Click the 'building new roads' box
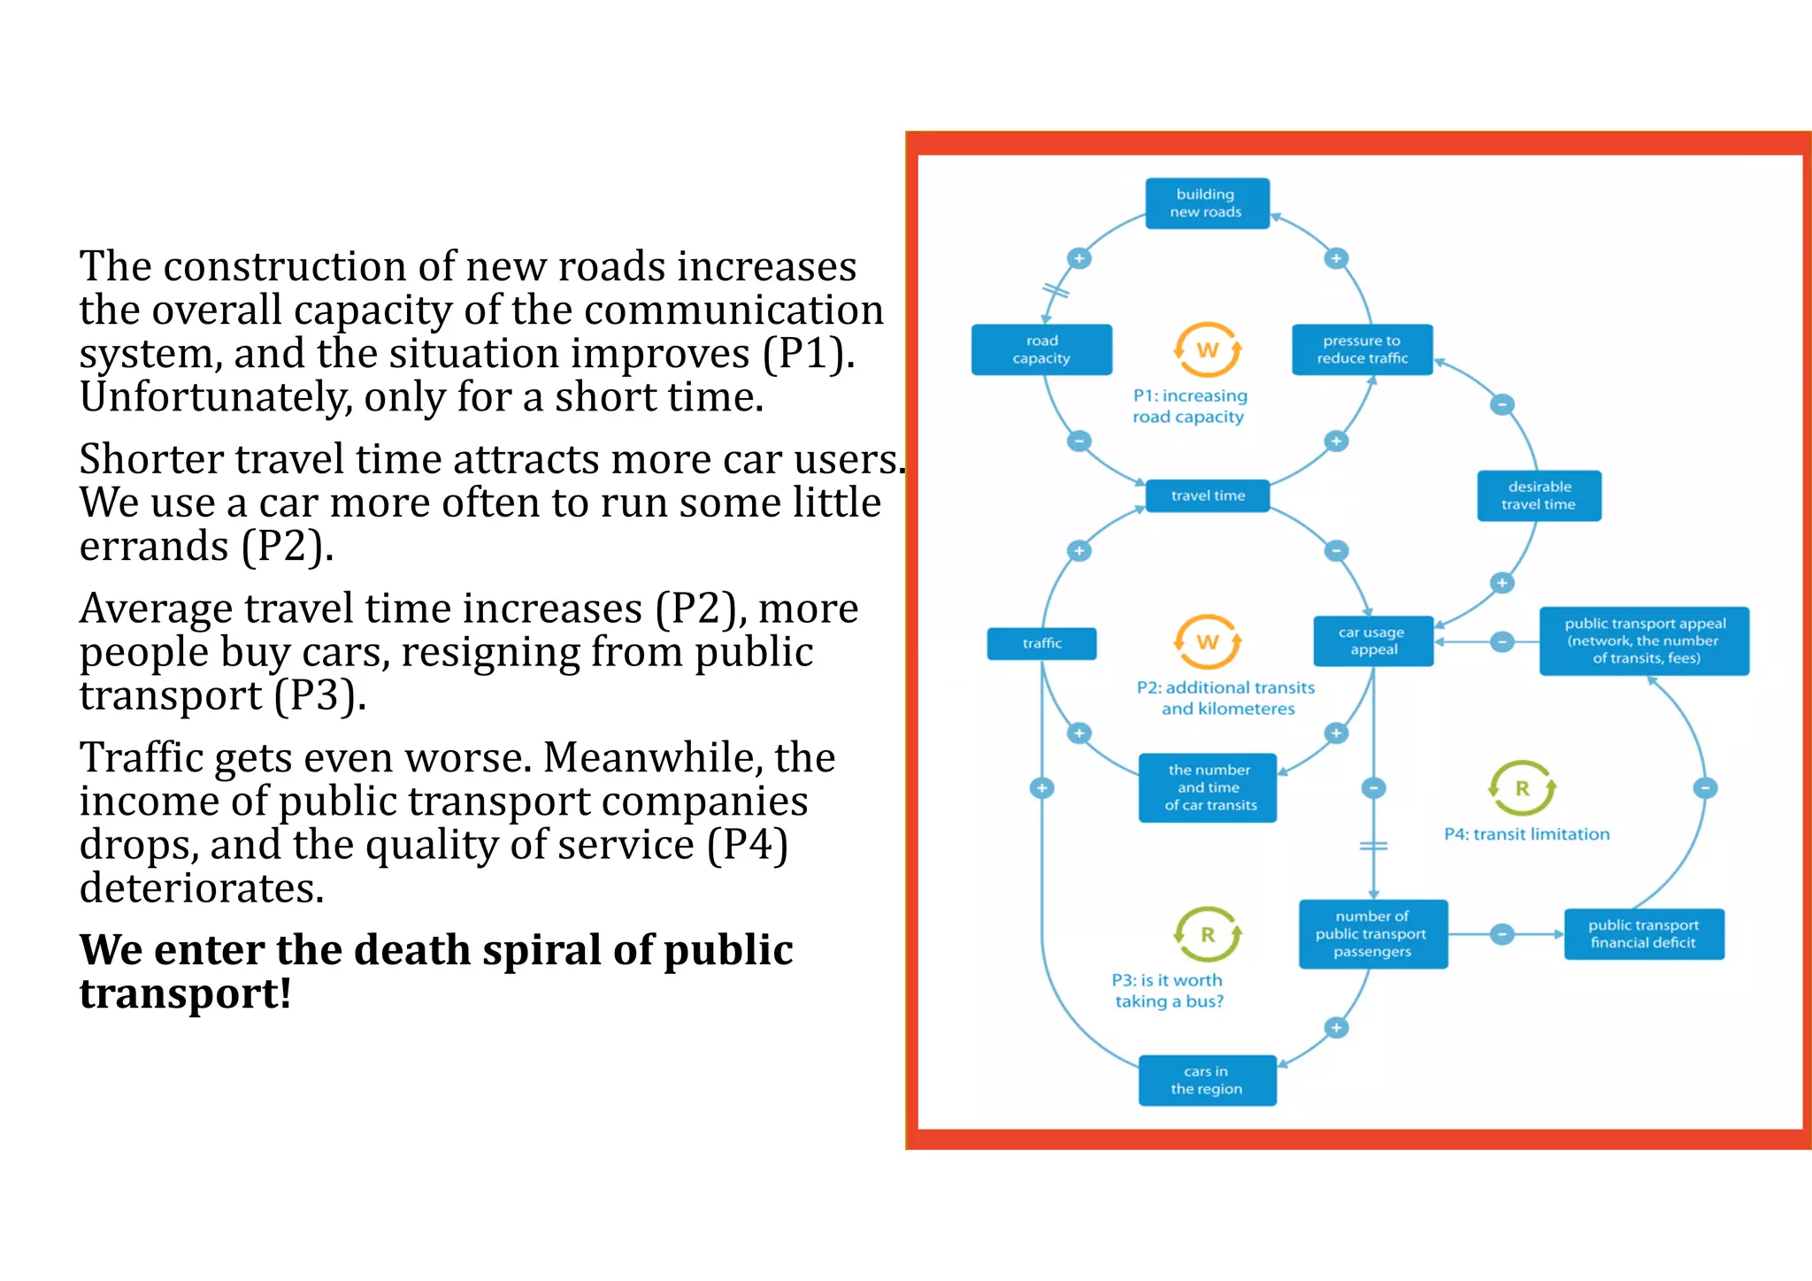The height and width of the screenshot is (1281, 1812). click(1207, 203)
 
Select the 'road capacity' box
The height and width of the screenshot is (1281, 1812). click(1041, 349)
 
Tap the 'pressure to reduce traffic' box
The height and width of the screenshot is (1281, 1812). click(1362, 349)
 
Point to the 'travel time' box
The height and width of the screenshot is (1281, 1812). click(1207, 495)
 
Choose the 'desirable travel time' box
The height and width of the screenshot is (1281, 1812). click(1539, 495)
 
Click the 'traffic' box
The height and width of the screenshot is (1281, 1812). click(1041, 643)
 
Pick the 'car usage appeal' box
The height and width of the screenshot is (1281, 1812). click(1372, 641)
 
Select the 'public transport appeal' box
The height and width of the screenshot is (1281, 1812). click(1644, 641)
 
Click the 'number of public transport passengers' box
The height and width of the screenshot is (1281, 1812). click(1372, 934)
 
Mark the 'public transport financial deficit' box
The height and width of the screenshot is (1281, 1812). click(1643, 934)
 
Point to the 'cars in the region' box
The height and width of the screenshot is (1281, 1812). click(1207, 1080)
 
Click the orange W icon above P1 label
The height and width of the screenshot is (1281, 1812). click(1207, 350)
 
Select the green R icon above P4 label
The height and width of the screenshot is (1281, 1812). click(1522, 788)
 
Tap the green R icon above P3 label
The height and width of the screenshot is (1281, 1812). click(1207, 934)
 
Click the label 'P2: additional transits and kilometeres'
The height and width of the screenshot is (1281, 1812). click(1226, 698)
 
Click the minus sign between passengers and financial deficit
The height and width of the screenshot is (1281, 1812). click(1501, 934)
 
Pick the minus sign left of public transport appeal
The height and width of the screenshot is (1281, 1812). click(1501, 641)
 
